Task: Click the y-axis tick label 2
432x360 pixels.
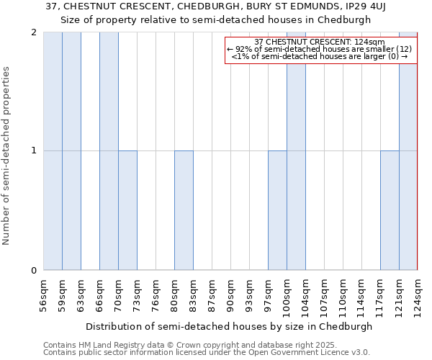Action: (34, 32)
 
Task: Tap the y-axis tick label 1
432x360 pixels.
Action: (34, 151)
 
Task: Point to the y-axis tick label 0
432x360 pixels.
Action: (34, 271)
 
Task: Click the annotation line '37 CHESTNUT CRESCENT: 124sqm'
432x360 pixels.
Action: (320, 42)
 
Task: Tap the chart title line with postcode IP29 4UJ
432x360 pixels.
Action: (215, 6)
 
